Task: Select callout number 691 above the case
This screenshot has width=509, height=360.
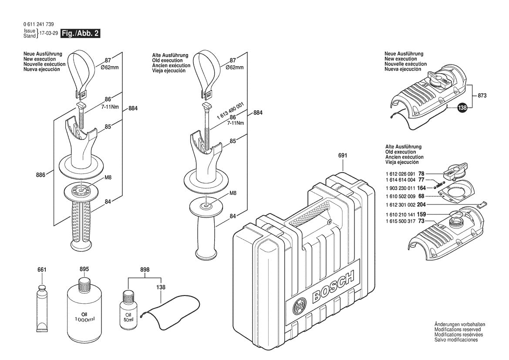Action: pyautogui.click(x=343, y=155)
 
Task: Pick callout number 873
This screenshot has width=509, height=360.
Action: pyautogui.click(x=482, y=95)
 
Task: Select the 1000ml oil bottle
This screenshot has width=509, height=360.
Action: pyautogui.click(x=84, y=309)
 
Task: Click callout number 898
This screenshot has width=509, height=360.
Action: pyautogui.click(x=145, y=270)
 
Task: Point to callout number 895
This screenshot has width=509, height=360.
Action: pyautogui.click(x=84, y=269)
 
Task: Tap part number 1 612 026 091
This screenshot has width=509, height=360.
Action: pyautogui.click(x=401, y=173)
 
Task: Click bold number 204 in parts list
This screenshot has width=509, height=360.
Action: pyautogui.click(x=421, y=204)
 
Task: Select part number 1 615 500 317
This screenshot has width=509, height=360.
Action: pyautogui.click(x=401, y=221)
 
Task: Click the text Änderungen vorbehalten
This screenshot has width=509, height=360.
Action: pyautogui.click(x=459, y=325)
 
